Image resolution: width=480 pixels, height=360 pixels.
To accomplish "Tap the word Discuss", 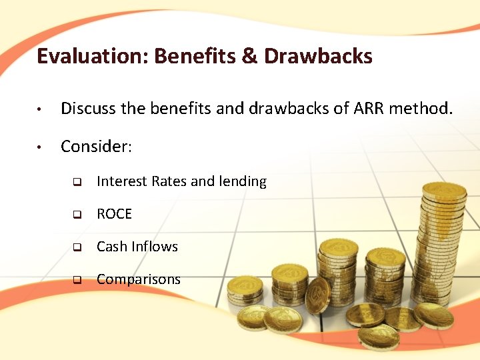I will [x=89, y=108].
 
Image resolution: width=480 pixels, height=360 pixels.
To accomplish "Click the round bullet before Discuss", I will [x=41, y=109].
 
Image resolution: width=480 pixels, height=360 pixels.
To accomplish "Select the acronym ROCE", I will [x=114, y=214].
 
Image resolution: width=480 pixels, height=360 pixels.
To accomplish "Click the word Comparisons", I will [x=139, y=279].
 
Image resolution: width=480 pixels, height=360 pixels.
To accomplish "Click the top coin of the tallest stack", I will [x=444, y=191].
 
